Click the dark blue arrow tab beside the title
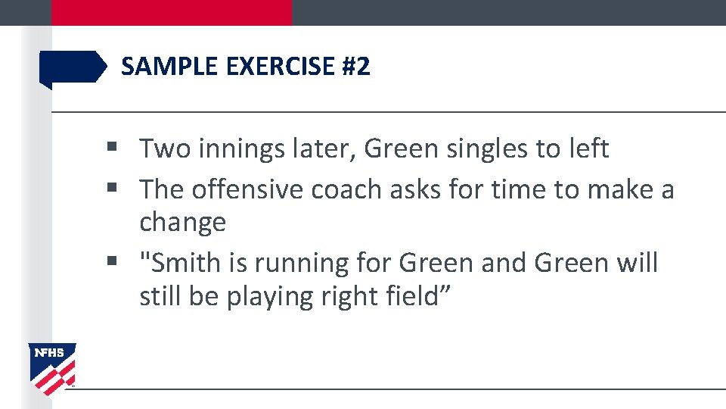[x=73, y=67]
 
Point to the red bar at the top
[x=171, y=12]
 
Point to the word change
[x=182, y=223]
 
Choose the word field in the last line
[x=416, y=296]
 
